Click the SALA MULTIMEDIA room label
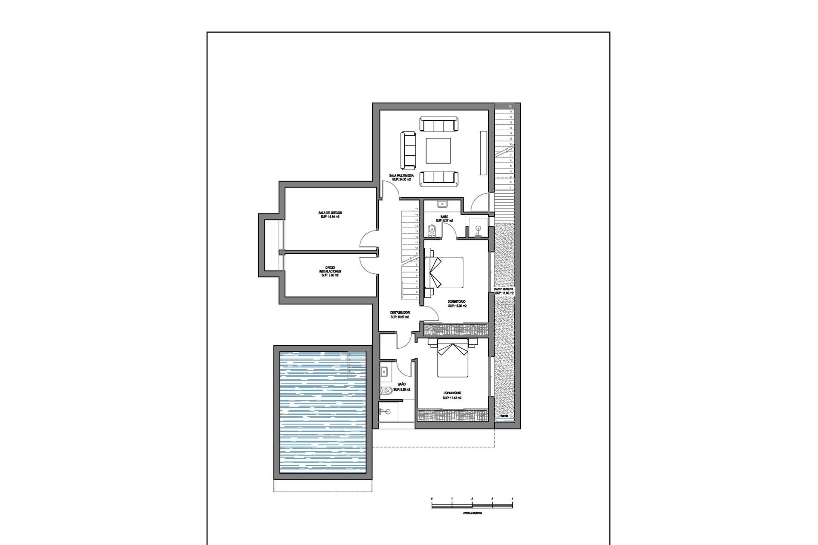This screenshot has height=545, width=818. click(401, 175)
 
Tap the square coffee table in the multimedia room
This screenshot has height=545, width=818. click(439, 151)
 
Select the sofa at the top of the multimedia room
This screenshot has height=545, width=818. click(439, 125)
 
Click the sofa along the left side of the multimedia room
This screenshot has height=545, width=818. click(408, 150)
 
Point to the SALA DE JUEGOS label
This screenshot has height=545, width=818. click(330, 212)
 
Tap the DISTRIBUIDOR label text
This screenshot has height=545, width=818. click(400, 312)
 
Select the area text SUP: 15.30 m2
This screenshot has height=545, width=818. click(457, 306)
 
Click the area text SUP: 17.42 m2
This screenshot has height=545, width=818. click(452, 398)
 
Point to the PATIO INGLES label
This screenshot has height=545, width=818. click(504, 289)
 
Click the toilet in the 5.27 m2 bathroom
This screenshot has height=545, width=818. click(431, 230)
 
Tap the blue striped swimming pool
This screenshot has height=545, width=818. click(323, 412)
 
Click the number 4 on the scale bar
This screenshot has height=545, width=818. click(512, 498)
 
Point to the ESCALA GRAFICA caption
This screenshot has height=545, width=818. click(472, 513)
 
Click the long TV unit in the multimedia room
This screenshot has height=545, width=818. click(483, 152)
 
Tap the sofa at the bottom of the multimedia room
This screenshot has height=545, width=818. click(439, 178)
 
